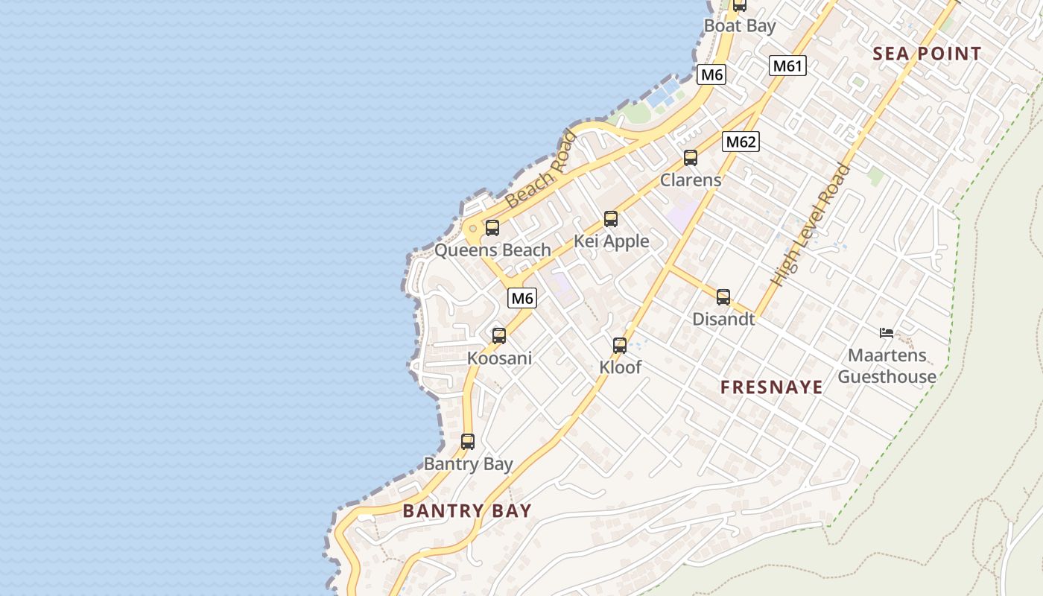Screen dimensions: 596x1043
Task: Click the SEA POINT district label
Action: coord(927,54)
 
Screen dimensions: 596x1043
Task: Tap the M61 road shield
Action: coord(787,66)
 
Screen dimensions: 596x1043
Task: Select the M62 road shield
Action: coord(741,142)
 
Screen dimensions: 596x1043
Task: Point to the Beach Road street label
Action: coord(541,169)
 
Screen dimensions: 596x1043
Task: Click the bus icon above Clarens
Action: coord(691,158)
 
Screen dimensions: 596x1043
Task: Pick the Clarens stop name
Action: coord(691,180)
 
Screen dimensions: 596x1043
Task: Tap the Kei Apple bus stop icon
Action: coord(611,219)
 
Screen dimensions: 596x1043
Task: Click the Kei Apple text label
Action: coord(611,241)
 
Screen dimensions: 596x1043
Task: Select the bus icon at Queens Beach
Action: coord(492,228)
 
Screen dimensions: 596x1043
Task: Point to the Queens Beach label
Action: coord(492,250)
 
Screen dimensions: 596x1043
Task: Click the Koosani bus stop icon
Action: coord(499,336)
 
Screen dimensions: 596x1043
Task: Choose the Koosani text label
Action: coord(499,358)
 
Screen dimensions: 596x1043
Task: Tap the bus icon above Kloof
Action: coord(620,346)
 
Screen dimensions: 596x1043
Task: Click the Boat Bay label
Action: coord(740,26)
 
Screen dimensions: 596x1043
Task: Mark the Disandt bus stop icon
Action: coord(723,297)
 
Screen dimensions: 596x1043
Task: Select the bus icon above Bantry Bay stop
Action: coord(468,442)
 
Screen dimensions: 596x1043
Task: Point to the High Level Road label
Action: coord(811,225)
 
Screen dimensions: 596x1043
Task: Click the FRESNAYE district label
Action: coord(772,387)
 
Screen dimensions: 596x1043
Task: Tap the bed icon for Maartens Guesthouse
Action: coord(887,333)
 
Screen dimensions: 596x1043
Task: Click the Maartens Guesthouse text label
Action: coord(887,366)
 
